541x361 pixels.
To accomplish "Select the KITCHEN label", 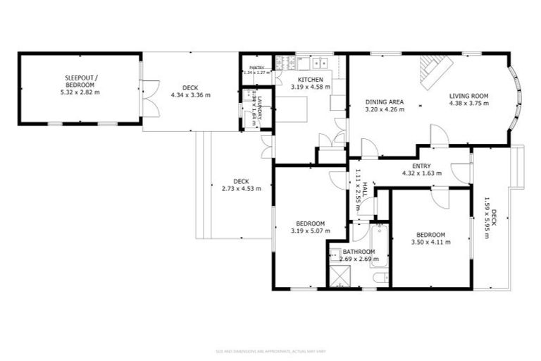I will (310, 79).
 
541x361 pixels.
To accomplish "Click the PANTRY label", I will (255, 68).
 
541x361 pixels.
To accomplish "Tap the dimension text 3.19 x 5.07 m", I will (310, 229).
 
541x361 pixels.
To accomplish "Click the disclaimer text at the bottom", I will (270, 350).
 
